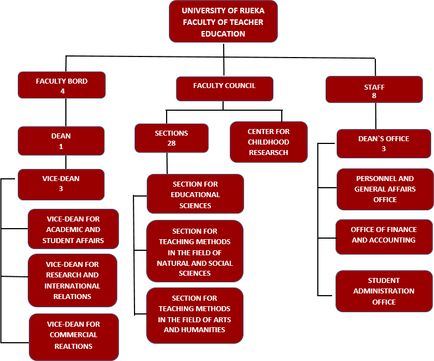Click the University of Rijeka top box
point(224,22)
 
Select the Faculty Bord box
point(61,85)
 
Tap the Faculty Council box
point(224,89)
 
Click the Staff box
point(374,90)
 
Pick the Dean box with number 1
point(61,141)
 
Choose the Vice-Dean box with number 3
point(61,184)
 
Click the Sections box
point(171,138)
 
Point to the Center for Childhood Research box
point(268,142)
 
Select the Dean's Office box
point(384,143)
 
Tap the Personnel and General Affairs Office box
point(385,189)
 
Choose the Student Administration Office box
point(384,291)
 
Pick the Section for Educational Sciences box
point(195,194)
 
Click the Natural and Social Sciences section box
point(195,251)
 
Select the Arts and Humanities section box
point(195,314)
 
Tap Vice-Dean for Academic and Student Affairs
point(73,229)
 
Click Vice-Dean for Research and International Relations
point(73,280)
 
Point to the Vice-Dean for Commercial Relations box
point(74,336)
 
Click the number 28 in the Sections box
point(171,143)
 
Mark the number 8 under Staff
point(374,96)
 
